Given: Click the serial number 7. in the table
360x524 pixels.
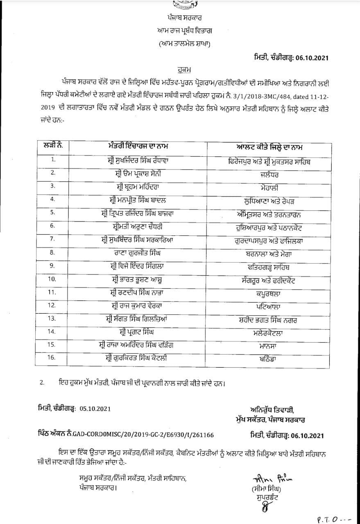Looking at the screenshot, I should pyautogui.click(x=52, y=239).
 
